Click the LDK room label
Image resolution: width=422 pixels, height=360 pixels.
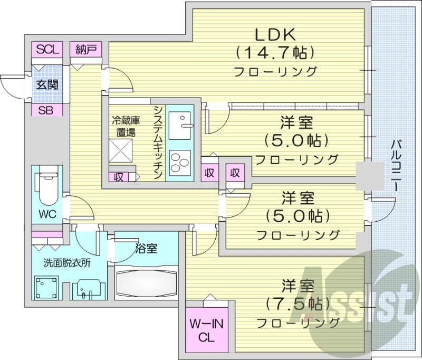(x=275, y=34)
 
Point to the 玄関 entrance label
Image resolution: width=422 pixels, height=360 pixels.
(x=47, y=84)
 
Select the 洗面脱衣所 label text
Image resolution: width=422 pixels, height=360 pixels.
(x=66, y=262)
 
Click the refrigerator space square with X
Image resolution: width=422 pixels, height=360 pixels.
(x=121, y=150)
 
